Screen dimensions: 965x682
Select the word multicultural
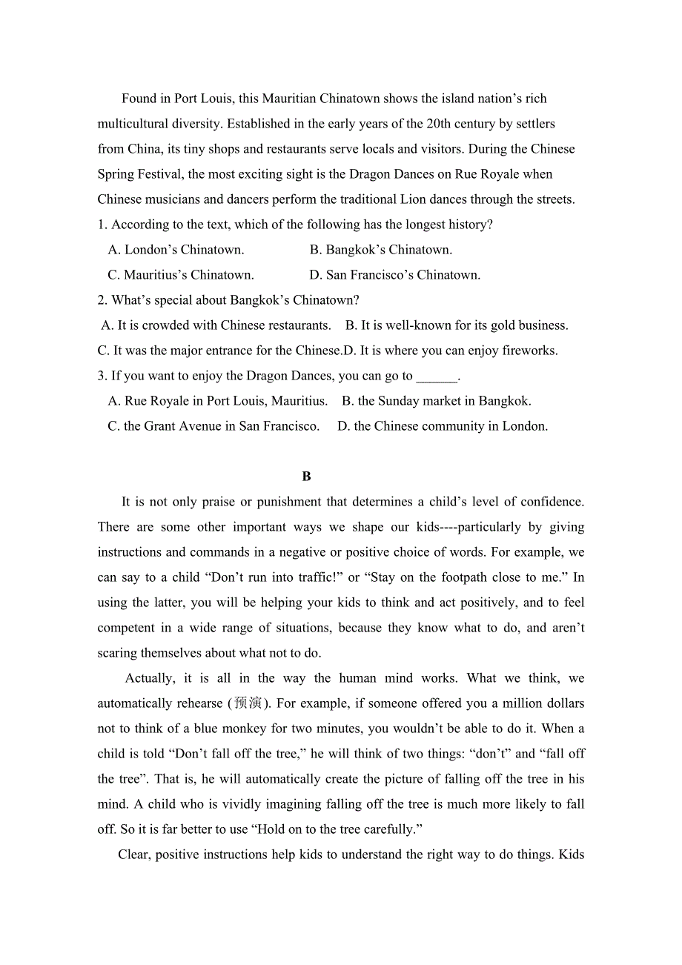pos(134,124)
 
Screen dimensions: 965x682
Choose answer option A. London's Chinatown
pos(176,250)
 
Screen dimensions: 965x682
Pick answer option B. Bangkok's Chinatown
pos(381,250)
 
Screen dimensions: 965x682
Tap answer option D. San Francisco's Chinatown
pos(394,275)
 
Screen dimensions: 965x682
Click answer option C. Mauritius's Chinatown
pos(181,275)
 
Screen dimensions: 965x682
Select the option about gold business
pos(457,325)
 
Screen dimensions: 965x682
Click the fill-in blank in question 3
pos(437,377)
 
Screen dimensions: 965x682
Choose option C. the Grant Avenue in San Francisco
pos(213,426)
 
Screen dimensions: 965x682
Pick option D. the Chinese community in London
pos(443,426)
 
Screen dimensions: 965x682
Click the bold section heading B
pos(306,477)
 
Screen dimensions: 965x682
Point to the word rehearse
pos(195,703)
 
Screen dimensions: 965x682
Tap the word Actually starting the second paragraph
pos(150,678)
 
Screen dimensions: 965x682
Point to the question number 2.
pos(102,300)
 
